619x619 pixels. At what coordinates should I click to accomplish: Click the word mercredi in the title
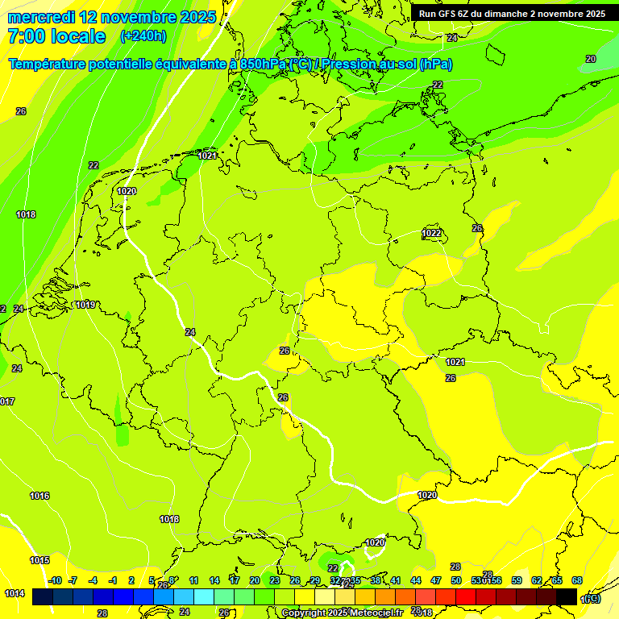(41, 17)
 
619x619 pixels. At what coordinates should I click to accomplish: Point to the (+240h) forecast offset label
(143, 36)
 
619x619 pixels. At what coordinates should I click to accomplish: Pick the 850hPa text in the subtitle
(264, 64)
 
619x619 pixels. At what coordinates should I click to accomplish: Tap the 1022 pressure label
(432, 233)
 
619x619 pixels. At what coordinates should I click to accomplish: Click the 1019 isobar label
(85, 305)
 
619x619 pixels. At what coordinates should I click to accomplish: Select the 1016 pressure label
(39, 496)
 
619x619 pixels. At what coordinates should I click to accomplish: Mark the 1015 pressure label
(39, 560)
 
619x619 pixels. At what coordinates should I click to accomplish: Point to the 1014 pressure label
(14, 593)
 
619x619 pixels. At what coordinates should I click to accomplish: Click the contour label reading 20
(591, 59)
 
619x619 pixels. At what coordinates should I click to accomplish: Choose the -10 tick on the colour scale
(55, 580)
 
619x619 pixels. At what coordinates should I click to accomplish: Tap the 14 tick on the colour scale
(214, 580)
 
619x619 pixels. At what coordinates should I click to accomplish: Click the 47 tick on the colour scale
(436, 580)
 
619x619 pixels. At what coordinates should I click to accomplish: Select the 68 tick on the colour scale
(577, 580)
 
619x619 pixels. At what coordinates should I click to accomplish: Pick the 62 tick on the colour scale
(537, 580)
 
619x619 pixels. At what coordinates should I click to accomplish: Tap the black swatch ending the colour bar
(567, 596)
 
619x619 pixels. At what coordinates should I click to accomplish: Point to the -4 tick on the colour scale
(93, 580)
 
